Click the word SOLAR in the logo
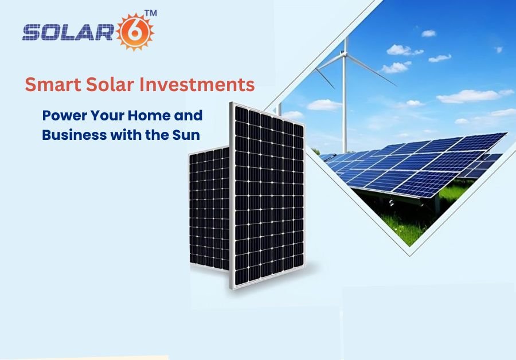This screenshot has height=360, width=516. point(68,33)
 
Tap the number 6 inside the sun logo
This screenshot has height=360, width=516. point(134,32)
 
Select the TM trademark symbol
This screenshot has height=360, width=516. point(151,13)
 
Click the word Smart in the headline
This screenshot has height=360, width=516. point(53,84)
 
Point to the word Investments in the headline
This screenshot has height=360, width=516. point(197,84)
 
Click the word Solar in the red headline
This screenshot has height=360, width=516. point(110,84)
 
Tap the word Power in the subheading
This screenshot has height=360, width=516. point(65,115)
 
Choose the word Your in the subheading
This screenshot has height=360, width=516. point(108,115)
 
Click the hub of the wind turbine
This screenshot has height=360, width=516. point(345,54)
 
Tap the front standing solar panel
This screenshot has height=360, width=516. point(268,195)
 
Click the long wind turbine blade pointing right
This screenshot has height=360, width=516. point(371,69)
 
